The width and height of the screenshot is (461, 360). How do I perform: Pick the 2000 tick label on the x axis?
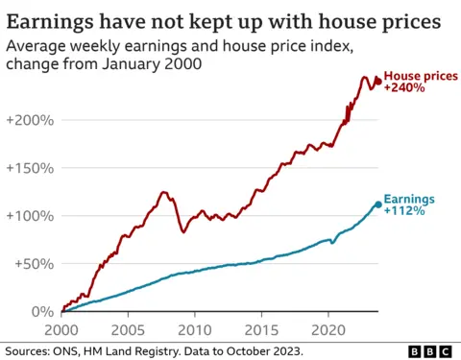[61, 327]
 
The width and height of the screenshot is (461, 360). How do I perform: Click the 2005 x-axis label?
[128, 327]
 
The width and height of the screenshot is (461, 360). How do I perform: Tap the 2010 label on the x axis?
[194, 327]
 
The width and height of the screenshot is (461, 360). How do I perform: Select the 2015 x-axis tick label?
[261, 327]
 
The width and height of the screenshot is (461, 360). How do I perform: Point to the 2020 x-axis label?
[328, 327]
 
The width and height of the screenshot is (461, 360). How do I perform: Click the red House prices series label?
[423, 75]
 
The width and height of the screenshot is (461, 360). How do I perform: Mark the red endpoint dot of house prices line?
[377, 81]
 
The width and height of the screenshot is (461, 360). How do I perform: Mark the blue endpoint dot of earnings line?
[377, 204]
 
